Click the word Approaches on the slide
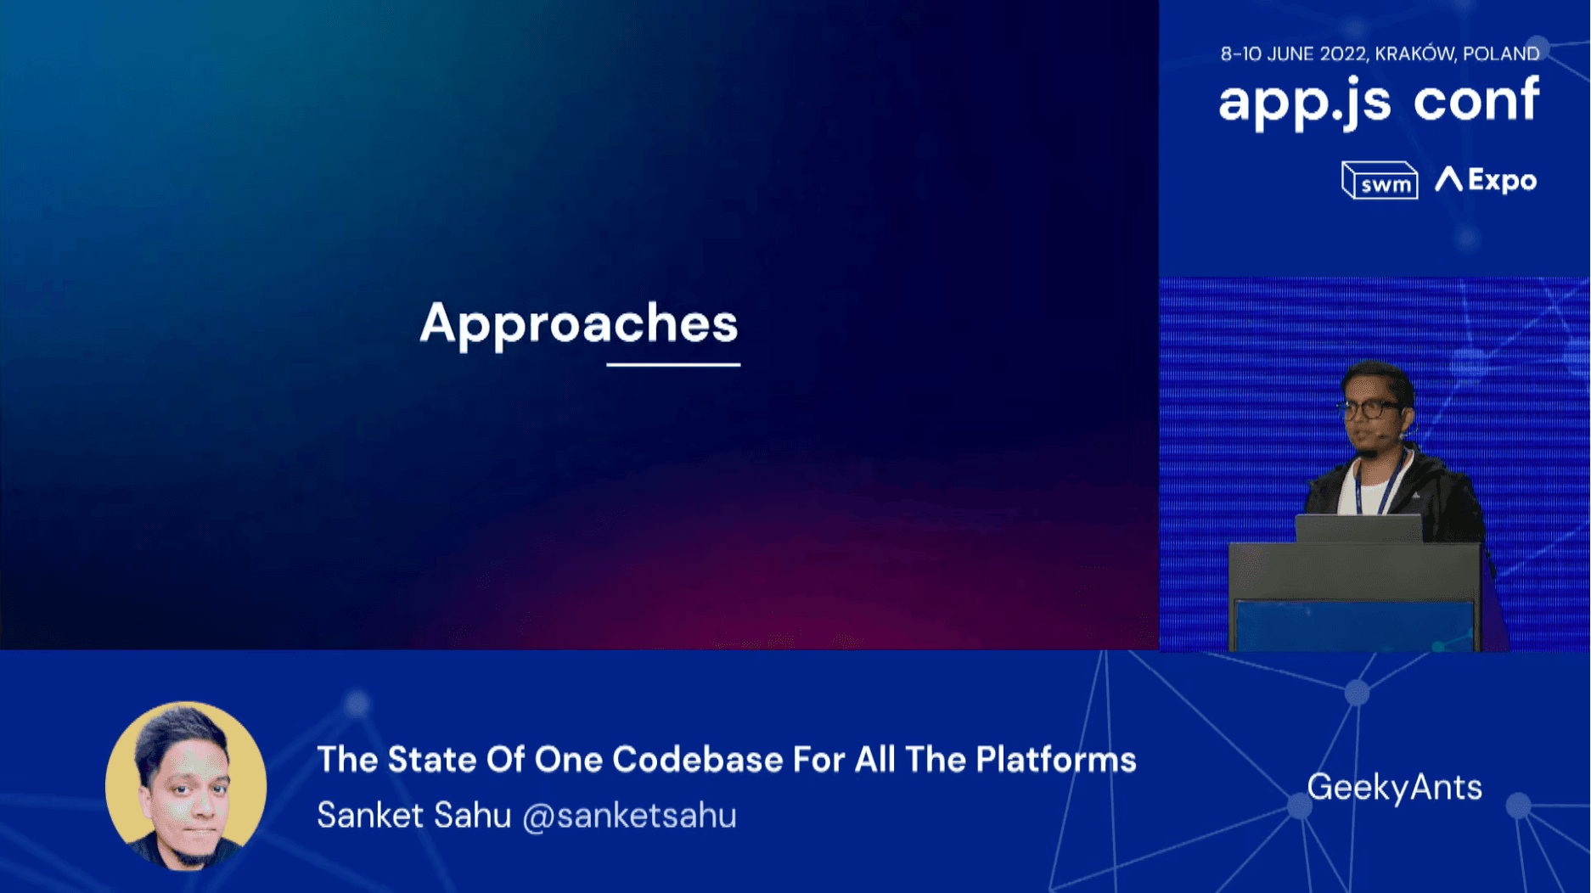579,324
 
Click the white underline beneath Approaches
673,364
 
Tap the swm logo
1380,180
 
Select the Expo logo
1486,180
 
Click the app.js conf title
1379,101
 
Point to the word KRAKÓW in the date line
1414,53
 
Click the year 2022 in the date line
1342,54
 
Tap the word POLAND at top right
1501,53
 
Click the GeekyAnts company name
1394,788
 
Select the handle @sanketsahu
629,816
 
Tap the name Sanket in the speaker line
370,816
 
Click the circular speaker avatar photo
186,786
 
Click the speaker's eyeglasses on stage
1369,409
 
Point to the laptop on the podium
1358,529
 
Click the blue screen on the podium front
1354,626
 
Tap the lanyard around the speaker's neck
1377,484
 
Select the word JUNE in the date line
1290,54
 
